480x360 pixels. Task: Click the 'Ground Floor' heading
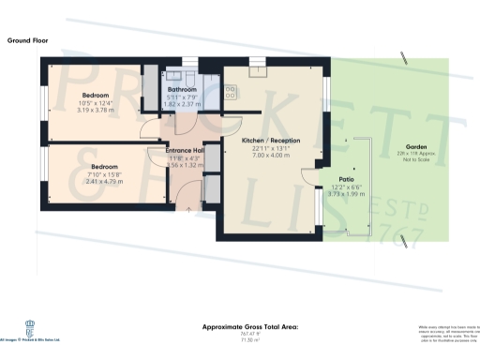click(x=28, y=41)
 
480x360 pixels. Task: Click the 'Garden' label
click(x=417, y=145)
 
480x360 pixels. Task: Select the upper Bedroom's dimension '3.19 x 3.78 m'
click(x=94, y=109)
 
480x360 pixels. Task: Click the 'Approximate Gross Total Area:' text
click(x=249, y=326)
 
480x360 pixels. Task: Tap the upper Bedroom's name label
click(x=95, y=95)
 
